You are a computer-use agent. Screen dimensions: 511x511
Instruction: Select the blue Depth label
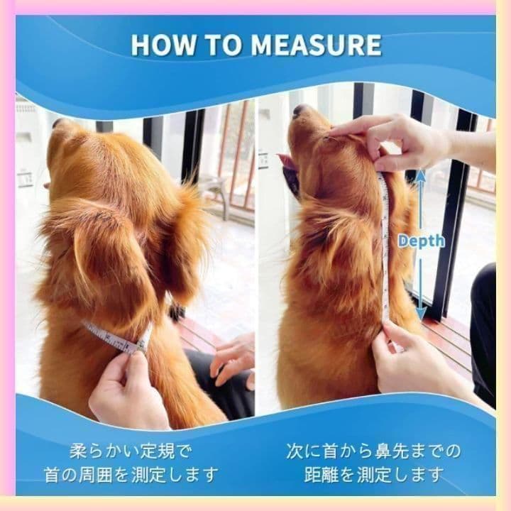coord(421,241)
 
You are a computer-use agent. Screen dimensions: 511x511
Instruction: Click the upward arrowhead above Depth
coord(421,175)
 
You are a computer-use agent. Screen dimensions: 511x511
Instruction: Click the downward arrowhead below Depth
coord(421,314)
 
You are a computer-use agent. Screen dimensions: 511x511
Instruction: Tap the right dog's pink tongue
coord(287,162)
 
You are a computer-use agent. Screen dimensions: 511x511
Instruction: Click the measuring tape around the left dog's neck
coord(117,338)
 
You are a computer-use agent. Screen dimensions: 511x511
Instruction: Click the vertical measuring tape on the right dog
coord(385,248)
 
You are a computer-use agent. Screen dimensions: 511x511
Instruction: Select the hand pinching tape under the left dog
coord(128,390)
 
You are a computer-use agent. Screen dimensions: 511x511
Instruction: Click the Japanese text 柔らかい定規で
coord(131,451)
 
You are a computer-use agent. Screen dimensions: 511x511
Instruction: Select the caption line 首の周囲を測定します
coord(131,475)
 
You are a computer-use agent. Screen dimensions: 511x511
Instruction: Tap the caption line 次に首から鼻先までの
coord(374,451)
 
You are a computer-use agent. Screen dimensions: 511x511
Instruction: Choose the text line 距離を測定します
coord(374,475)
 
